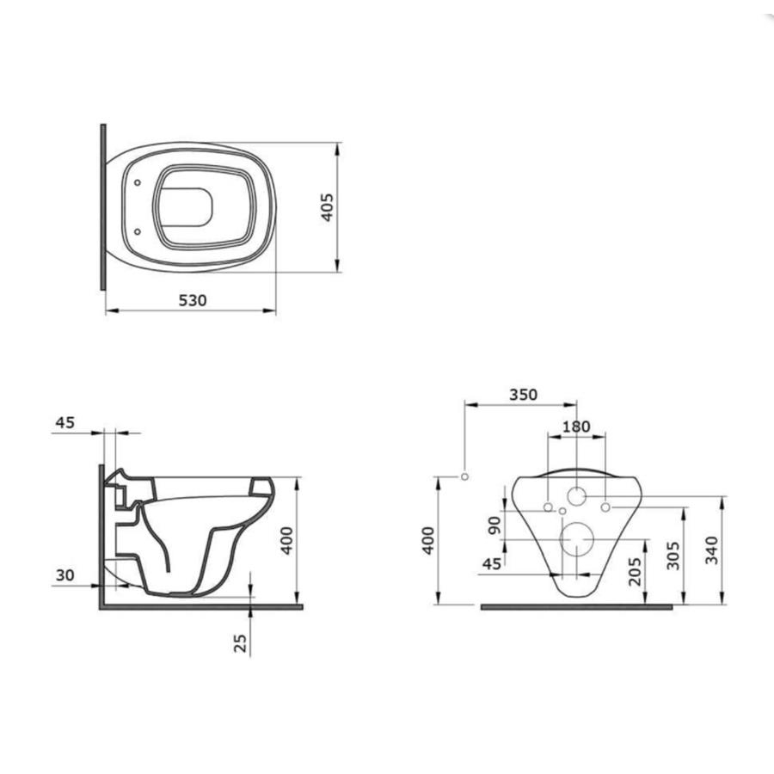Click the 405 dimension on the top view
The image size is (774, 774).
coord(328,207)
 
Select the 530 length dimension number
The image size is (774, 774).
coord(193,300)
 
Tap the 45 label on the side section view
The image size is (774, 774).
coord(64,422)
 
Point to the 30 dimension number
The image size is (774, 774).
coord(64,575)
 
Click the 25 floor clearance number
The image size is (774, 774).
coord(241,643)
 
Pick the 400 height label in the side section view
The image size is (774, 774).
coord(287,541)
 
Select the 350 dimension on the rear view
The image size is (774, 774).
coord(523,395)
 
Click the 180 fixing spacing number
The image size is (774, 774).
coord(576,427)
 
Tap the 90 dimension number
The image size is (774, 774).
coord(494,525)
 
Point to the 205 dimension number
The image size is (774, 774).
coord(636,572)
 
